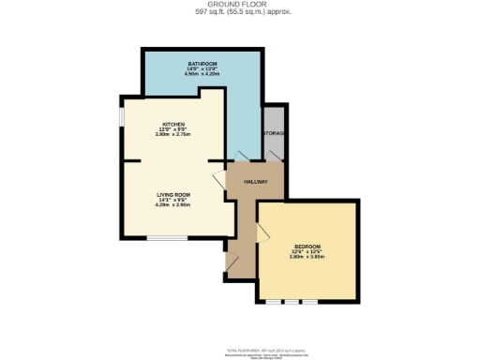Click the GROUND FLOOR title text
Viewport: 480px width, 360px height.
tap(240, 6)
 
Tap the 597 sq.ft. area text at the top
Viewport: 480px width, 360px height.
tap(240, 13)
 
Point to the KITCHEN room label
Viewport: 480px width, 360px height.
tap(172, 124)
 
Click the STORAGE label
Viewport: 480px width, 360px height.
tap(275, 134)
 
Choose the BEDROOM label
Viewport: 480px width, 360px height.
tap(307, 246)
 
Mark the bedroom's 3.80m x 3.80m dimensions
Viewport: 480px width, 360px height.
tap(307, 257)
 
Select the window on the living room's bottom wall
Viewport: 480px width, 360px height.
tap(166, 238)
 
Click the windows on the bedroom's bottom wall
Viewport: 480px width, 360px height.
tap(292, 303)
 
